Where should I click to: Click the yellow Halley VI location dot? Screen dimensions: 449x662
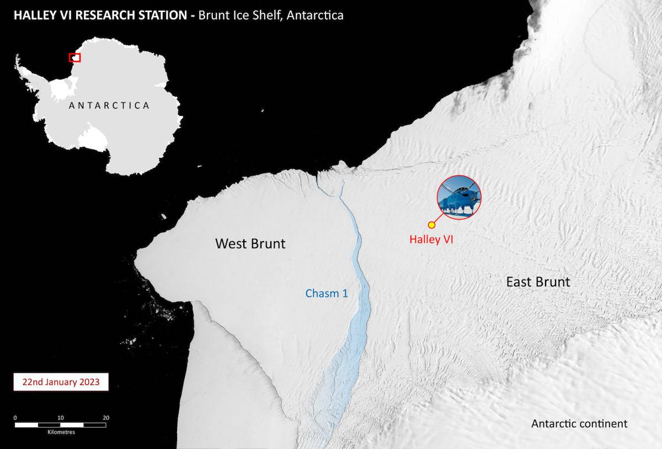[431, 225]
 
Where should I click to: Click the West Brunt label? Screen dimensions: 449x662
[250, 243]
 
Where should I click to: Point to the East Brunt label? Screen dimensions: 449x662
[538, 282]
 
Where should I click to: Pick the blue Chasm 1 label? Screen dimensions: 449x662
[327, 293]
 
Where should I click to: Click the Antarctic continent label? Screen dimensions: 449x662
[579, 424]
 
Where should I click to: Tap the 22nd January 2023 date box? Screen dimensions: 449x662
[61, 382]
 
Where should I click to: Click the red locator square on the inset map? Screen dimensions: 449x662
[74, 57]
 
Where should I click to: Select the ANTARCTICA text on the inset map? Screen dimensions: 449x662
[109, 105]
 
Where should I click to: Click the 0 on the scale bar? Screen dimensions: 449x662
[15, 418]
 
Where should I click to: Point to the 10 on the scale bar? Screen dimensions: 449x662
[61, 418]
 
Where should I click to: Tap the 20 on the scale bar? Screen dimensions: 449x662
[106, 418]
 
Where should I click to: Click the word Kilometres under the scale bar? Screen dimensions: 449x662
[61, 432]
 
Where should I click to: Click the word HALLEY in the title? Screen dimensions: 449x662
[33, 15]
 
